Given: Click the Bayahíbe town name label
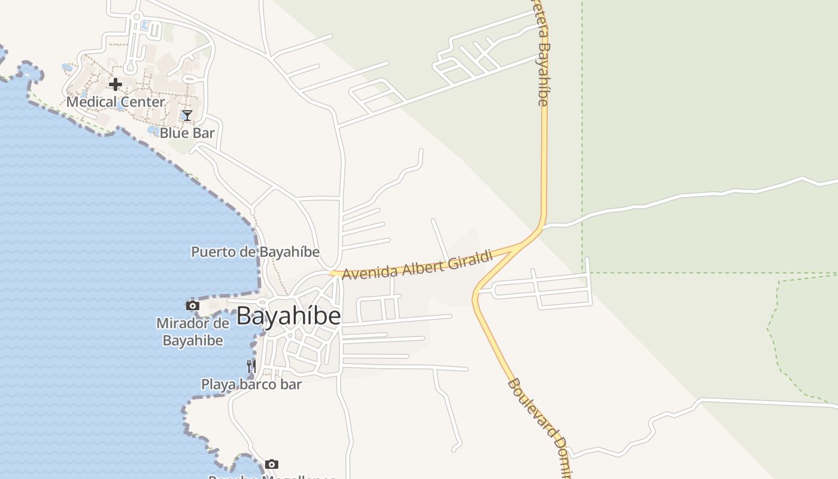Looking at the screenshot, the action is pyautogui.click(x=289, y=316).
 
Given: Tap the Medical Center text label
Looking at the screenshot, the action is pyautogui.click(x=116, y=102).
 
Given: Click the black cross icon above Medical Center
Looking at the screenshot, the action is pyautogui.click(x=116, y=84).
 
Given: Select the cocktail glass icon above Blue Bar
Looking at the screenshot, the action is pyautogui.click(x=187, y=116).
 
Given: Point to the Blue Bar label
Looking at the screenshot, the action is pyautogui.click(x=187, y=133).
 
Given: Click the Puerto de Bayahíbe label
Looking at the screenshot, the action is pyautogui.click(x=255, y=252).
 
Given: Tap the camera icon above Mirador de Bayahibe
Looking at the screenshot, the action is pyautogui.click(x=193, y=305).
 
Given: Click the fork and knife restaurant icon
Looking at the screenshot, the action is pyautogui.click(x=251, y=365).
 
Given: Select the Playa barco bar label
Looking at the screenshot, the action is pyautogui.click(x=251, y=384).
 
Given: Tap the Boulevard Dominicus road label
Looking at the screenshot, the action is pyautogui.click(x=539, y=426).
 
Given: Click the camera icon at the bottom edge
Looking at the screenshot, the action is pyautogui.click(x=272, y=464).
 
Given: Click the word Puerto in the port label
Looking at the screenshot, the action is pyautogui.click(x=214, y=252).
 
